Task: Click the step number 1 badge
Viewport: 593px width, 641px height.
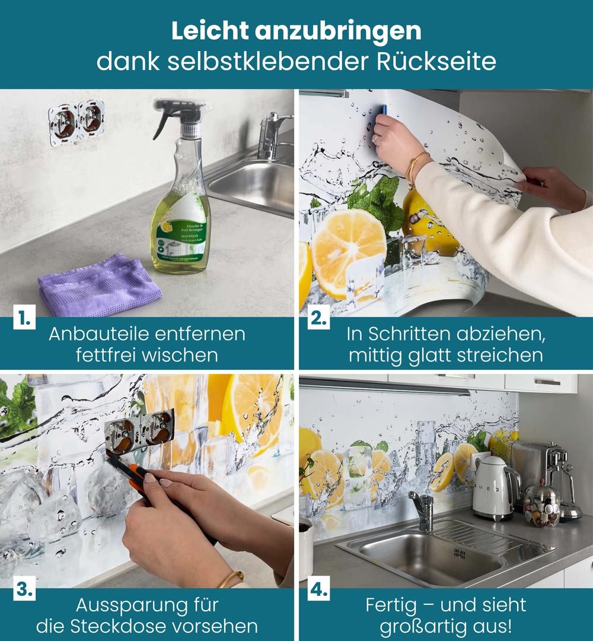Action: click(x=23, y=319)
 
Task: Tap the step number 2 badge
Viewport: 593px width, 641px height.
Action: click(x=318, y=319)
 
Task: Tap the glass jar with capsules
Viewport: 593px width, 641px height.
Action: click(x=541, y=506)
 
